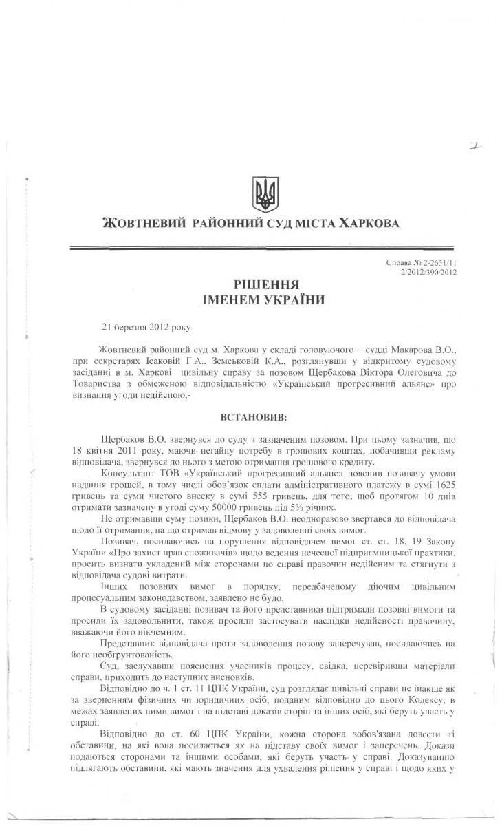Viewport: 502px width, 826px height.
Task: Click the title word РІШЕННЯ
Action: pos(263,284)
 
